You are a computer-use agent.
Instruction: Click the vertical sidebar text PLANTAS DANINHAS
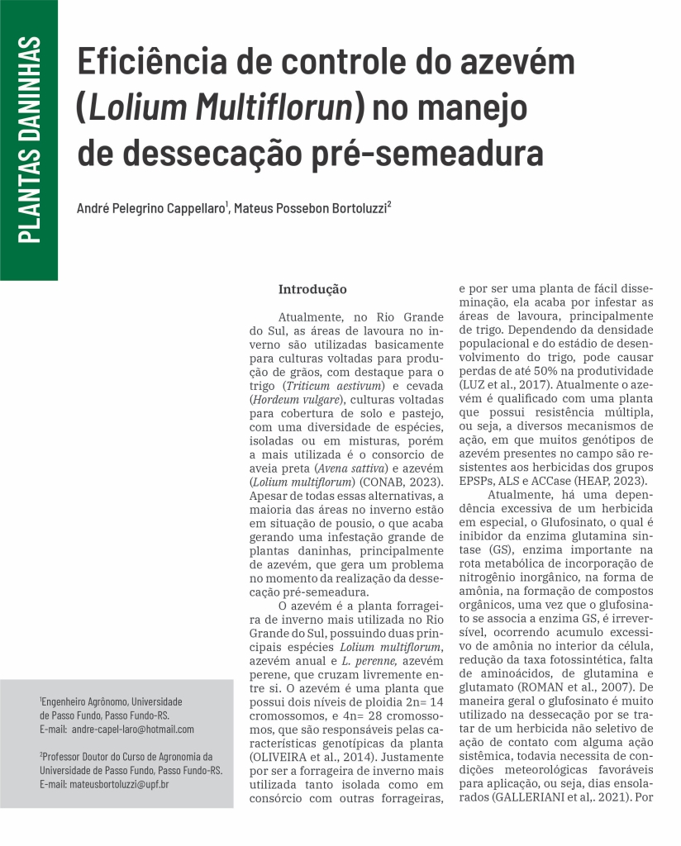pos(29,140)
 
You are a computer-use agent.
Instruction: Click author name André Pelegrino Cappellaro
pos(150,209)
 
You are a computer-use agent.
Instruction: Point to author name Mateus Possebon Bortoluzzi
pos(310,209)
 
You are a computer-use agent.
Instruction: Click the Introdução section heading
pos(312,290)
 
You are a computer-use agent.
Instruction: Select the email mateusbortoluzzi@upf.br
pos(119,782)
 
